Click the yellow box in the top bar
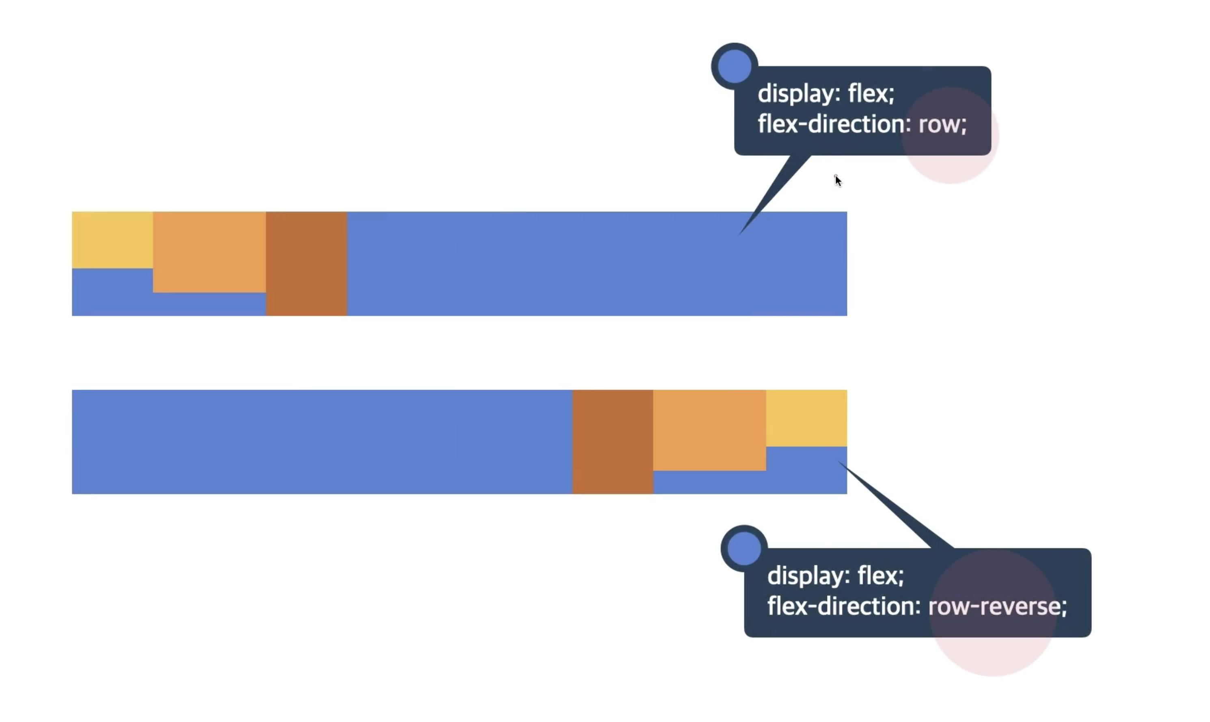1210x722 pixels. coord(112,240)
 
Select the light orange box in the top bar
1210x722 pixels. coord(210,252)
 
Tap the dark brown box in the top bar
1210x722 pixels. coord(306,264)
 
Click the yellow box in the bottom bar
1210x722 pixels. coord(806,418)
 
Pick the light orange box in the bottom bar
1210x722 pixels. coord(709,430)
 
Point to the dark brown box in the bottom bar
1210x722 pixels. coord(613,442)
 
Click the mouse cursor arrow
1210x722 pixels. coord(838,180)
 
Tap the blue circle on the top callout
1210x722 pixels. coord(734,66)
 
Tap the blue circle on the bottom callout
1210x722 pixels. coord(744,548)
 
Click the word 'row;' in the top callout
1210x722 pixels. coord(942,125)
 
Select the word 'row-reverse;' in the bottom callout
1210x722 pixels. coord(997,607)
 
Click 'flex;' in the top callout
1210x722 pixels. coord(871,93)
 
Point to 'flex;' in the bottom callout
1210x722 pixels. coord(880,576)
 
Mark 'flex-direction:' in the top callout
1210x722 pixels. coord(834,124)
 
